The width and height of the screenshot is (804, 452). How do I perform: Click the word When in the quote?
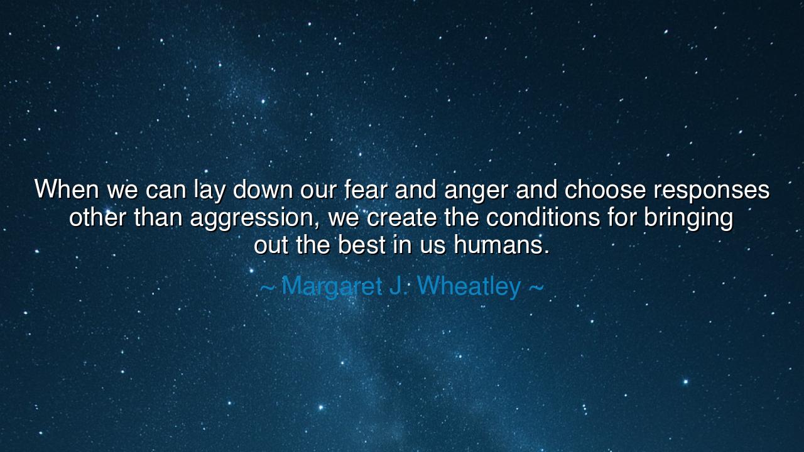pos(67,189)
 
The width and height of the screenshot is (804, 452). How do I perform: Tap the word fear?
pos(366,189)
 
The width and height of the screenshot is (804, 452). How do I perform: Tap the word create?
pos(401,217)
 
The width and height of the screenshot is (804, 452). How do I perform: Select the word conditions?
pos(543,217)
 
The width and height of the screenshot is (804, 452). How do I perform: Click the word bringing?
pos(688,220)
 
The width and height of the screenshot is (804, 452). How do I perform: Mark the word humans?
pos(501,245)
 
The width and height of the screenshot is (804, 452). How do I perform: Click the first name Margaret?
pos(332,287)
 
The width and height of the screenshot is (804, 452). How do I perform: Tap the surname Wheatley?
pos(469,287)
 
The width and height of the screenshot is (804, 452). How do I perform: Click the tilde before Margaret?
pos(267,287)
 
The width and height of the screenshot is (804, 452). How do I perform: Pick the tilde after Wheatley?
pos(536,287)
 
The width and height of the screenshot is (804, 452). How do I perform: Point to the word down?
pos(263,189)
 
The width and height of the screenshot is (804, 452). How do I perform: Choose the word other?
pos(97,217)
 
